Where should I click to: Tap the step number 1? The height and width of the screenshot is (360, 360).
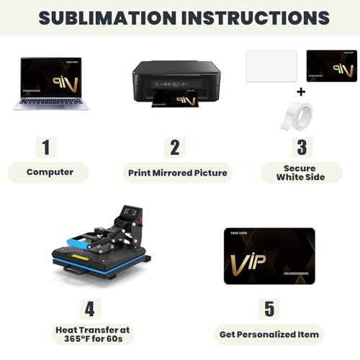pyautogui.click(x=47, y=148)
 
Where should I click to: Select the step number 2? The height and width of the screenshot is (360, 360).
pyautogui.click(x=174, y=148)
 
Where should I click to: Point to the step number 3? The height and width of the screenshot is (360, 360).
pyautogui.click(x=302, y=148)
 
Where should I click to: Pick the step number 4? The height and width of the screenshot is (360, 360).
pyautogui.click(x=89, y=309)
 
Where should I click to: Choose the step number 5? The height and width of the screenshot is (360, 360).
pyautogui.click(x=269, y=309)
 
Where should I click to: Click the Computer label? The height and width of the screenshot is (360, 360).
pyautogui.click(x=50, y=172)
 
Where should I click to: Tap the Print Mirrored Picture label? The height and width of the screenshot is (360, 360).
pyautogui.click(x=178, y=173)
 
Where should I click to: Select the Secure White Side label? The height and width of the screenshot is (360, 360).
pyautogui.click(x=300, y=173)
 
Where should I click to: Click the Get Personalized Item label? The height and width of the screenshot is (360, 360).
pyautogui.click(x=269, y=334)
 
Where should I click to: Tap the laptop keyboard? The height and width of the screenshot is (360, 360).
pyautogui.click(x=50, y=104)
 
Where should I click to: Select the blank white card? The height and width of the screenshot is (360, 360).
pyautogui.click(x=271, y=66)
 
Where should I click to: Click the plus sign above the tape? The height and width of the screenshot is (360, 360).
pyautogui.click(x=301, y=92)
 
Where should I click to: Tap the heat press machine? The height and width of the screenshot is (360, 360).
pyautogui.click(x=101, y=241)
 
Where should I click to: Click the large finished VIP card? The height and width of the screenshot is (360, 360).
pyautogui.click(x=269, y=255)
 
